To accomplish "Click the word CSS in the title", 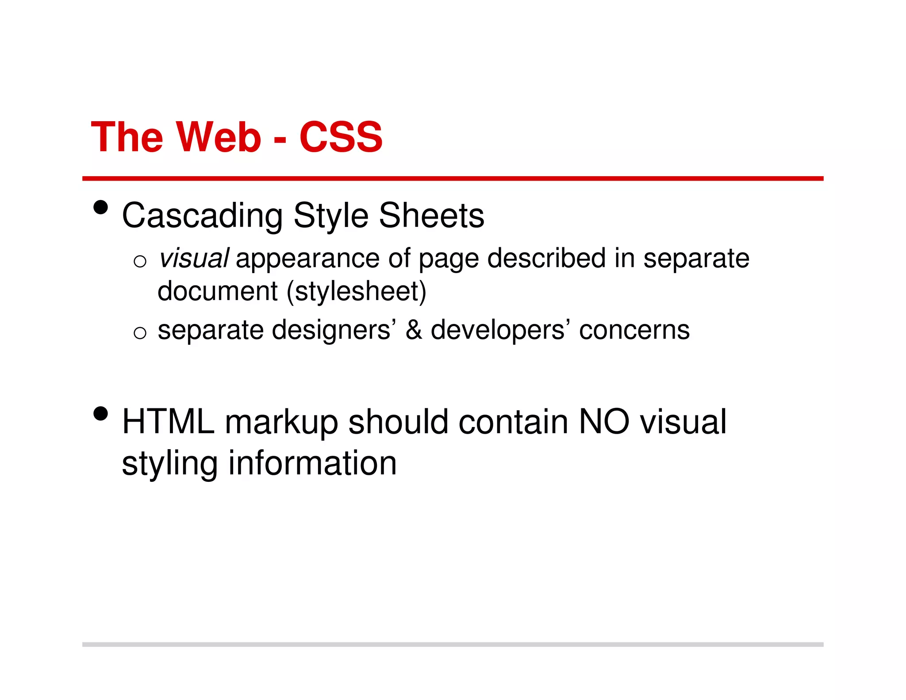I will (341, 137).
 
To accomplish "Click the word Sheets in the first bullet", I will (431, 216).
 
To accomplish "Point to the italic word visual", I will (194, 258).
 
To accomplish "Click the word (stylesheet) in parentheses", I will (357, 292).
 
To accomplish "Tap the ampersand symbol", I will (414, 330).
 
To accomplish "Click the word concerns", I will (634, 330).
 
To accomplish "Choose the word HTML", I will (168, 422).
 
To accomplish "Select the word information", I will (312, 463).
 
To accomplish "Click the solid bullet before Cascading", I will (101, 207).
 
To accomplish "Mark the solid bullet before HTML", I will (101, 414).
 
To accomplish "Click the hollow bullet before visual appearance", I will (140, 262).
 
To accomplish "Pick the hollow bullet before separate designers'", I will (140, 332).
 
